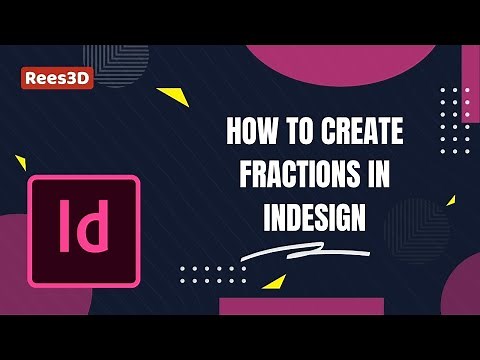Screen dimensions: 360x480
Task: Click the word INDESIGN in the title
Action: [x=313, y=215]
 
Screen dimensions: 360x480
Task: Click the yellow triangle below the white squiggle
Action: [x=273, y=281]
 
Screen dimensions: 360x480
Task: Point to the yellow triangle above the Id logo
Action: [x=19, y=160]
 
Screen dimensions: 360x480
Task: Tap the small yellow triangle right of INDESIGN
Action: [x=450, y=200]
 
